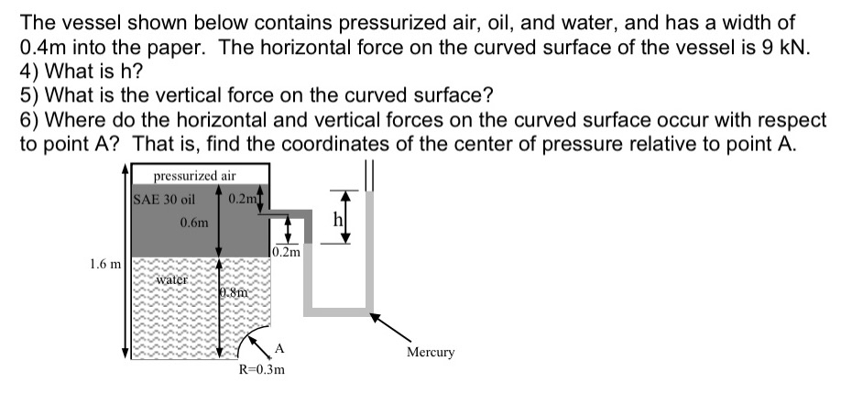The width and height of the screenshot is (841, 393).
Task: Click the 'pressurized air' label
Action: point(194,175)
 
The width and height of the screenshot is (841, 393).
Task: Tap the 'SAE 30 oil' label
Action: point(165,199)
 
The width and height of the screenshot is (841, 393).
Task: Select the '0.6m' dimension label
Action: point(194,222)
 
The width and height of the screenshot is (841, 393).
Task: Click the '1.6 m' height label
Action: point(104,265)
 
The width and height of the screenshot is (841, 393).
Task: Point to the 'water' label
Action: point(170,278)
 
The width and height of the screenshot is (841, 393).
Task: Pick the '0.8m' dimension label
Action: point(235,293)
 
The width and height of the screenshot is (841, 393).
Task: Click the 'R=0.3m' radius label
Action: point(262,371)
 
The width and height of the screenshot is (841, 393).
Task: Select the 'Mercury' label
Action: point(430,352)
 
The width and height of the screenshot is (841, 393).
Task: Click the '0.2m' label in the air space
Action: point(245,199)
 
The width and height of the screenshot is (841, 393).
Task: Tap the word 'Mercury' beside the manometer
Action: point(430,352)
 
